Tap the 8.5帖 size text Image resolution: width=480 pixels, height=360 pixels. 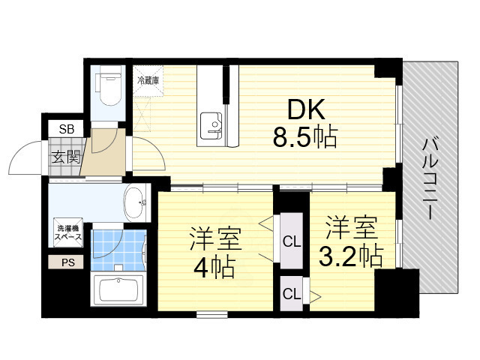click(x=304, y=137)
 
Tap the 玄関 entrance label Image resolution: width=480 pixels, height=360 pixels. click(x=65, y=157)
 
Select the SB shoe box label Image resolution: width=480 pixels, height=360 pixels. click(x=66, y=129)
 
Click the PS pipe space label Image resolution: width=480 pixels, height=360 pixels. click(x=67, y=262)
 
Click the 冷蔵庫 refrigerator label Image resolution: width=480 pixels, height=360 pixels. click(x=147, y=79)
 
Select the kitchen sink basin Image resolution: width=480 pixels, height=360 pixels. click(x=211, y=122)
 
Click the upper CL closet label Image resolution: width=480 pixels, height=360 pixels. click(x=291, y=241)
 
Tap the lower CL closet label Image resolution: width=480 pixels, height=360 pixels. click(x=291, y=293)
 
